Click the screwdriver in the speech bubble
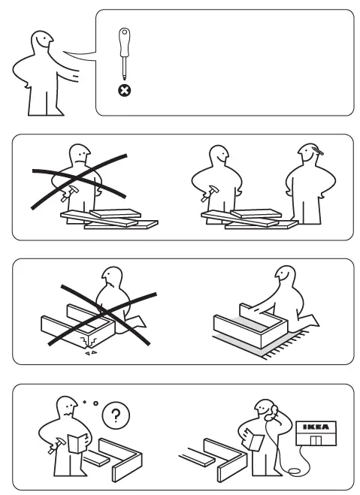[x=123, y=52]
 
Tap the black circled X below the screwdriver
[x=124, y=90]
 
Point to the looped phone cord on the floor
[x=295, y=469]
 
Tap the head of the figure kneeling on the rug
[x=285, y=276]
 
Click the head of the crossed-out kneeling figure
[x=113, y=280]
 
